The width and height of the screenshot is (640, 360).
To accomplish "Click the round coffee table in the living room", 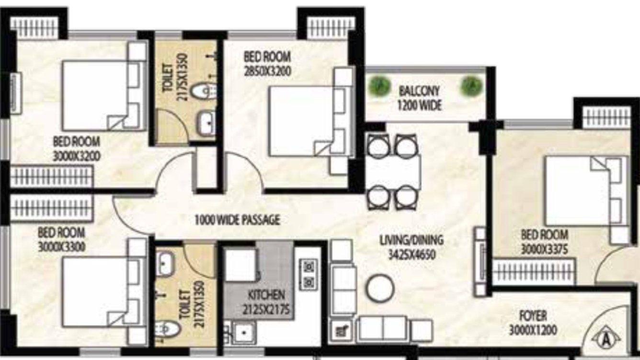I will pyautogui.click(x=380, y=288).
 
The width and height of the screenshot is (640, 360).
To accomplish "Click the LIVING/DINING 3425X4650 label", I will pyautogui.click(x=411, y=246).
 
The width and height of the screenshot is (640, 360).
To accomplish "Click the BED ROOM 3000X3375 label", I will pyautogui.click(x=545, y=241).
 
